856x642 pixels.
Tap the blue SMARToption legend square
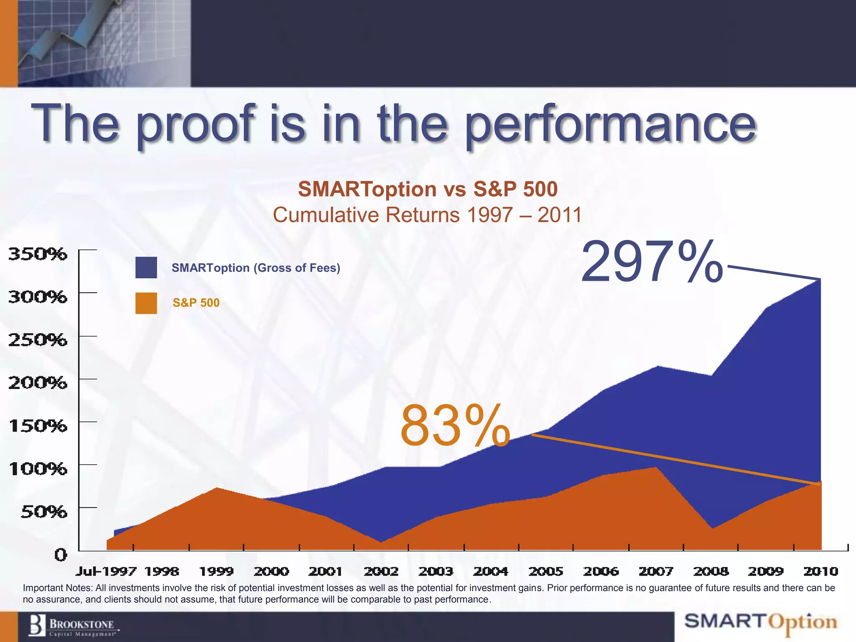click(x=146, y=267)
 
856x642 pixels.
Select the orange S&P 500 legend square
click(x=146, y=303)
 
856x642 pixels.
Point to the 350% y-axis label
click(x=38, y=254)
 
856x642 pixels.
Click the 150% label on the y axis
click(x=38, y=426)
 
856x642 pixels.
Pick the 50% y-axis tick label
click(x=43, y=512)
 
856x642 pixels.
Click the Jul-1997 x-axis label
click(x=106, y=571)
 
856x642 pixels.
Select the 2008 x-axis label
click(x=711, y=571)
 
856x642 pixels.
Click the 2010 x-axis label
click(x=821, y=571)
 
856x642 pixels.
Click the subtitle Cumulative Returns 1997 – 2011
click(x=427, y=215)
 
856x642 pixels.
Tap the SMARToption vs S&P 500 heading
click(x=428, y=189)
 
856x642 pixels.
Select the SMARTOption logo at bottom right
click(x=761, y=622)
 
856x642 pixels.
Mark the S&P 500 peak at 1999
click(x=217, y=488)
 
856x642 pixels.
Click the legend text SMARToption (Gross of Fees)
click(x=256, y=268)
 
